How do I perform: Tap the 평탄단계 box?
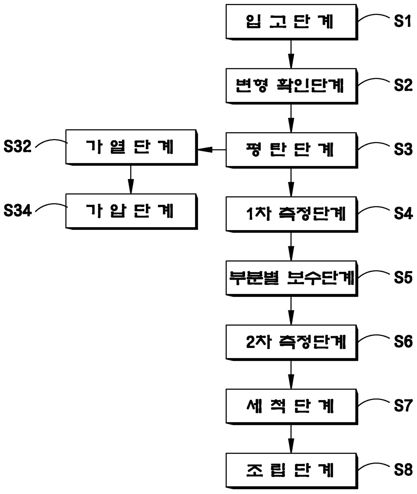(291, 149)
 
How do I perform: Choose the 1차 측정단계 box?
(291, 214)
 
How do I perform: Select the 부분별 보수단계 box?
(291, 278)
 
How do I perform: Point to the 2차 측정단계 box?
(291, 342)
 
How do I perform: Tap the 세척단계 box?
(291, 406)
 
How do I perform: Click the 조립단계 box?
(291, 470)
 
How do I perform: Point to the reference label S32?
(17, 147)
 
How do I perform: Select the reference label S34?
(17, 211)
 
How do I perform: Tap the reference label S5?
(403, 278)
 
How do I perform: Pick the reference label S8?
(403, 470)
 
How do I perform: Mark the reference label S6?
(403, 342)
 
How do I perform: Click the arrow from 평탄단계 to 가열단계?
(212, 149)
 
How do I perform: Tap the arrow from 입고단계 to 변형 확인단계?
(291, 54)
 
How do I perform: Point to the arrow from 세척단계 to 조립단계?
(291, 438)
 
